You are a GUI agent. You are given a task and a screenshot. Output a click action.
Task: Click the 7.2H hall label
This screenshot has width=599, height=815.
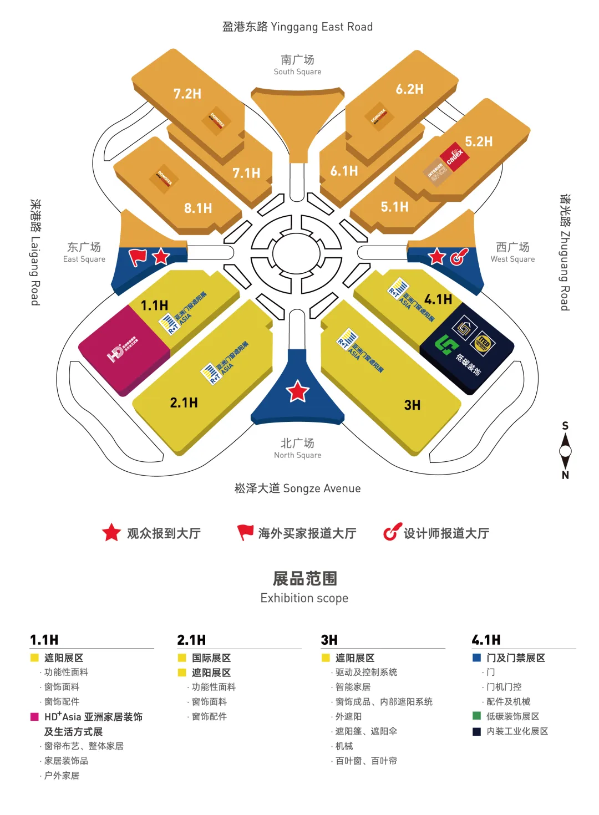point(187,94)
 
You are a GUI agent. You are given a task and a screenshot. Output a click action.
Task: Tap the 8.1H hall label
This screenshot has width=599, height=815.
point(198,208)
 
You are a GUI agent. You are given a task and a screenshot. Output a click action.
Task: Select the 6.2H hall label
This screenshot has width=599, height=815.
point(409,89)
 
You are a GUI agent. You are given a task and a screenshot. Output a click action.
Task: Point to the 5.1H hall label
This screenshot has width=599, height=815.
point(394,207)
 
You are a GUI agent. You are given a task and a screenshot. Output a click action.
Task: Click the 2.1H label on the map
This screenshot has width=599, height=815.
point(184,403)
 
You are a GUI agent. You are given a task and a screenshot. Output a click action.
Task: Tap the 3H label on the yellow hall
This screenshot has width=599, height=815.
point(412,405)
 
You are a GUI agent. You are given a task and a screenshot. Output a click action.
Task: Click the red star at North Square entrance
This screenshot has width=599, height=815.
point(297,391)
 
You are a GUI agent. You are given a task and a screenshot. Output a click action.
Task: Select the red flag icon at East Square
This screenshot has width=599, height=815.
point(138,257)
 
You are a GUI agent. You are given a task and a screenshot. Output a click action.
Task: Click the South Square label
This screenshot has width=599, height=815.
point(297,65)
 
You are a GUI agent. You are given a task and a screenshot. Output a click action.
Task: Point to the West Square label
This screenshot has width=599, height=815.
point(512,252)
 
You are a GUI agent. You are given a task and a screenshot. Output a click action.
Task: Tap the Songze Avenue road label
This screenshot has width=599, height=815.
point(297,488)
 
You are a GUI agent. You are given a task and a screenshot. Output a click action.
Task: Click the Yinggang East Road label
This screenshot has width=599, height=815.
point(297,27)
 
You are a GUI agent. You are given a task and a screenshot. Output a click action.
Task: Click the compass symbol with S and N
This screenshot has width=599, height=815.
point(565,450)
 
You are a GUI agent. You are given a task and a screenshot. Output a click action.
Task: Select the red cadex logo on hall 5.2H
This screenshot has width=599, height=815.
point(455,157)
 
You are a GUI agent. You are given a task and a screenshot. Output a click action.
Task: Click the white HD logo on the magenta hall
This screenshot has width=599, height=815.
point(116,353)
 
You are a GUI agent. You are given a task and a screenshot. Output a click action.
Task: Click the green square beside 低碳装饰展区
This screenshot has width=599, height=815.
point(476,716)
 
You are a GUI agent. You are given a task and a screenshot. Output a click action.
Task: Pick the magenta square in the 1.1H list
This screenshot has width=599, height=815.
point(34,717)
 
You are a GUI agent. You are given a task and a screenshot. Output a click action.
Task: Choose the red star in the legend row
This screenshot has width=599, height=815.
point(111,533)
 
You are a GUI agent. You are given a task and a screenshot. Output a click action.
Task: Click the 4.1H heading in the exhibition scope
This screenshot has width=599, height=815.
point(486,640)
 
